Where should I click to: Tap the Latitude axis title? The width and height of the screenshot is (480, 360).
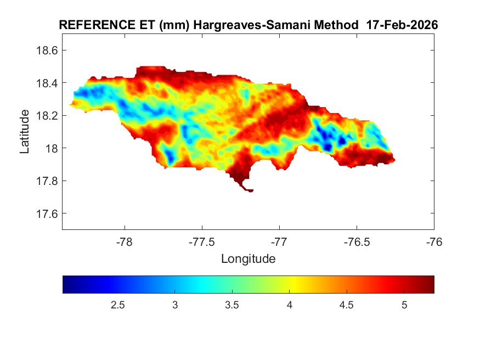point(25,132)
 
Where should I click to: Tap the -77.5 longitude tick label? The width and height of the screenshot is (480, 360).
point(202,242)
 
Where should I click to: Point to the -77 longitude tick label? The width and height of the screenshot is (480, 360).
point(279,242)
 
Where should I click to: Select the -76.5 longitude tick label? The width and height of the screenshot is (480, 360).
point(357,242)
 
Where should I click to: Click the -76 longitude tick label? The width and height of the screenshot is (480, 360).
point(434,242)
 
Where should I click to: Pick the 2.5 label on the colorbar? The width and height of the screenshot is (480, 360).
point(117,305)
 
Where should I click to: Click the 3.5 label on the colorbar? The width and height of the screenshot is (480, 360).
point(232,305)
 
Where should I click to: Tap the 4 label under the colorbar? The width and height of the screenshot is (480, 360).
point(289,305)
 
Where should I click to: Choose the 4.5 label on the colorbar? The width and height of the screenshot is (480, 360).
point(346,305)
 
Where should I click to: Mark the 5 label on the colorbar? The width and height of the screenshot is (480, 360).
point(404,305)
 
